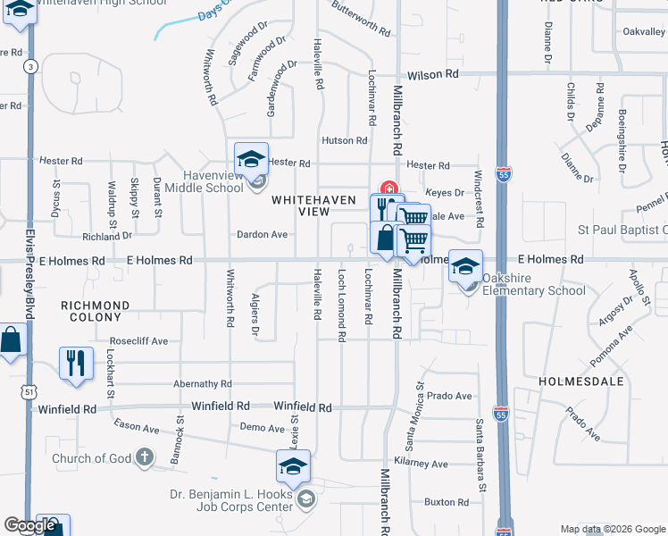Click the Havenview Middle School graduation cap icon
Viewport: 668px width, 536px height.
coord(252,160)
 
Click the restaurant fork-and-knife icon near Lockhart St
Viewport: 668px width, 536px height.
coord(75,362)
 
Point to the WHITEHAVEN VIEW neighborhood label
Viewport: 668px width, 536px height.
coord(301,205)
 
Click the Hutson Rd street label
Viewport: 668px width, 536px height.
coord(345,140)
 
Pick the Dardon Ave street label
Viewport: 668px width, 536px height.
coord(262,235)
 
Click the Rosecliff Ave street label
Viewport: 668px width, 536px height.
coord(138,341)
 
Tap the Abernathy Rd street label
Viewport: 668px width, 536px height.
coord(203,383)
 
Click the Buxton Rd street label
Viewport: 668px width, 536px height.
coord(447,502)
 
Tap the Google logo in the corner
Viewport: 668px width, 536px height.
coord(29,525)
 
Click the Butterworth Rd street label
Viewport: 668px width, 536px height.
coord(361,19)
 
